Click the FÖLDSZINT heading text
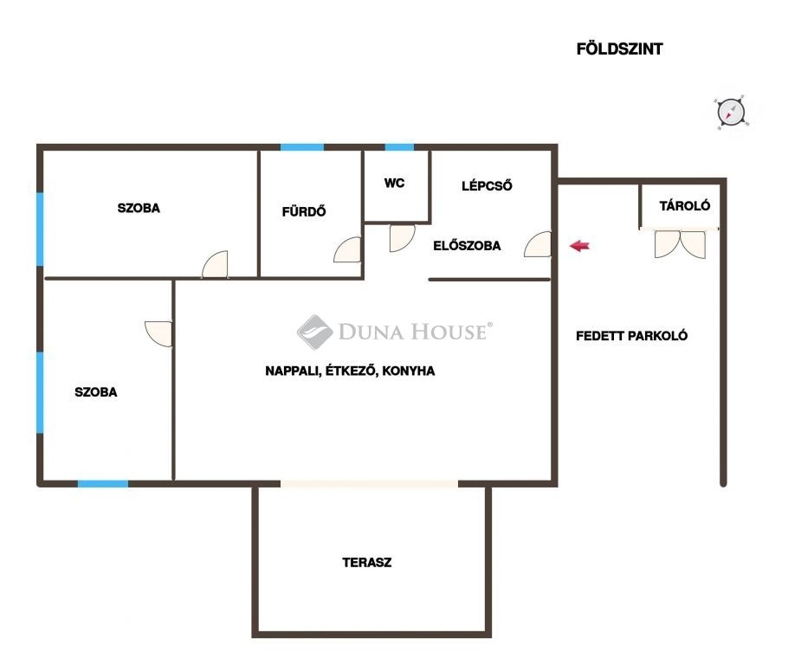(619, 48)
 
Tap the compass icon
(731, 112)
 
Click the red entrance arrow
(579, 246)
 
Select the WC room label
(394, 183)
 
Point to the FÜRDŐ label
(304, 211)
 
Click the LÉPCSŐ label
(487, 185)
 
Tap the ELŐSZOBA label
(467, 246)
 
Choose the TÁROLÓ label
(684, 205)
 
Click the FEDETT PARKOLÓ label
(632, 336)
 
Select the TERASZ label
(367, 563)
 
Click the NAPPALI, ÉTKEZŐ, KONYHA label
(350, 371)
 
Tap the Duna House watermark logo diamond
(314, 332)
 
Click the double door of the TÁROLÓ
(680, 243)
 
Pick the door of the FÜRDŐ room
(347, 250)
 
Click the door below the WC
(402, 238)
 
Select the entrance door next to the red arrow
(538, 244)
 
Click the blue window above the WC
(399, 147)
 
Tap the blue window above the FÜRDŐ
(302, 147)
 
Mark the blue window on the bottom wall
(103, 483)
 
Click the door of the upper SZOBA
(215, 264)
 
